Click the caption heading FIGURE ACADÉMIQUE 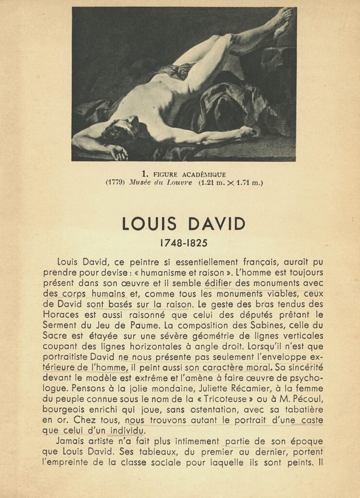click(x=189, y=174)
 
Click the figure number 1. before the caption click(x=144, y=174)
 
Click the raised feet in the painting click(x=281, y=22)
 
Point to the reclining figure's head click(x=122, y=129)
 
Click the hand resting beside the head click(x=119, y=153)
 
